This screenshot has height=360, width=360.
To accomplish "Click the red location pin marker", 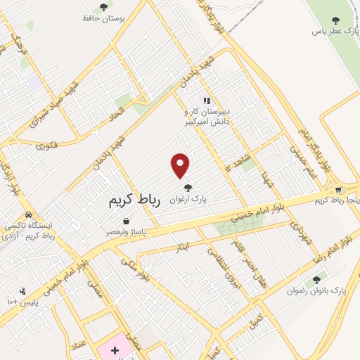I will [x=181, y=165].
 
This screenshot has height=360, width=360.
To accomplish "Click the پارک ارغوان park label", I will [x=188, y=199].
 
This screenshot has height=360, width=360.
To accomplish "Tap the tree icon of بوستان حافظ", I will [x=104, y=7].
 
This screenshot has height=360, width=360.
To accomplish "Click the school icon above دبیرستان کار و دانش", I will [x=207, y=101].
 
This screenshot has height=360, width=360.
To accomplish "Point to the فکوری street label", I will [x=46, y=146].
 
